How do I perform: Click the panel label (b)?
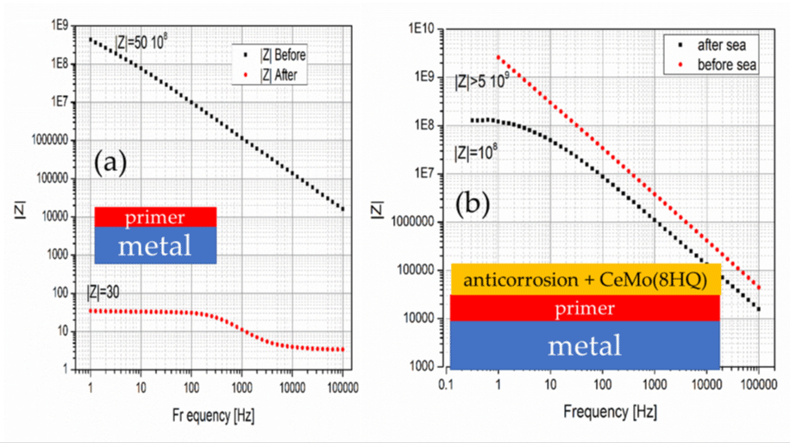[x=473, y=206]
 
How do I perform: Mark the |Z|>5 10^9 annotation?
[x=486, y=83]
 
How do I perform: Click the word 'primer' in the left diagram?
[x=155, y=217]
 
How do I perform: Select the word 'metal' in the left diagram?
[x=155, y=246]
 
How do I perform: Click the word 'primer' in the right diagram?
[x=586, y=308]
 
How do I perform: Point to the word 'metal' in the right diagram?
[x=586, y=345]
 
